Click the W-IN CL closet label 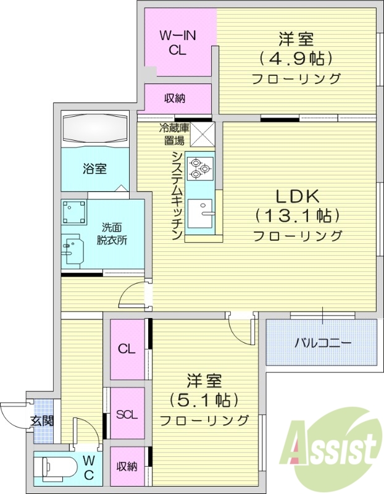click(x=178, y=43)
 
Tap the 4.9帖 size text click(x=296, y=59)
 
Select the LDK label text click(x=296, y=196)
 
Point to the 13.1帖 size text click(x=296, y=216)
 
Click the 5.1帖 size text click(x=204, y=400)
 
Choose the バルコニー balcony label click(x=322, y=342)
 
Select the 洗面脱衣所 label click(x=111, y=233)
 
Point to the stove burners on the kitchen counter click(x=200, y=167)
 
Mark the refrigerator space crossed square click(x=202, y=134)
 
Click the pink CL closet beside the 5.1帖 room click(x=127, y=349)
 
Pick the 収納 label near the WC click(x=127, y=467)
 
